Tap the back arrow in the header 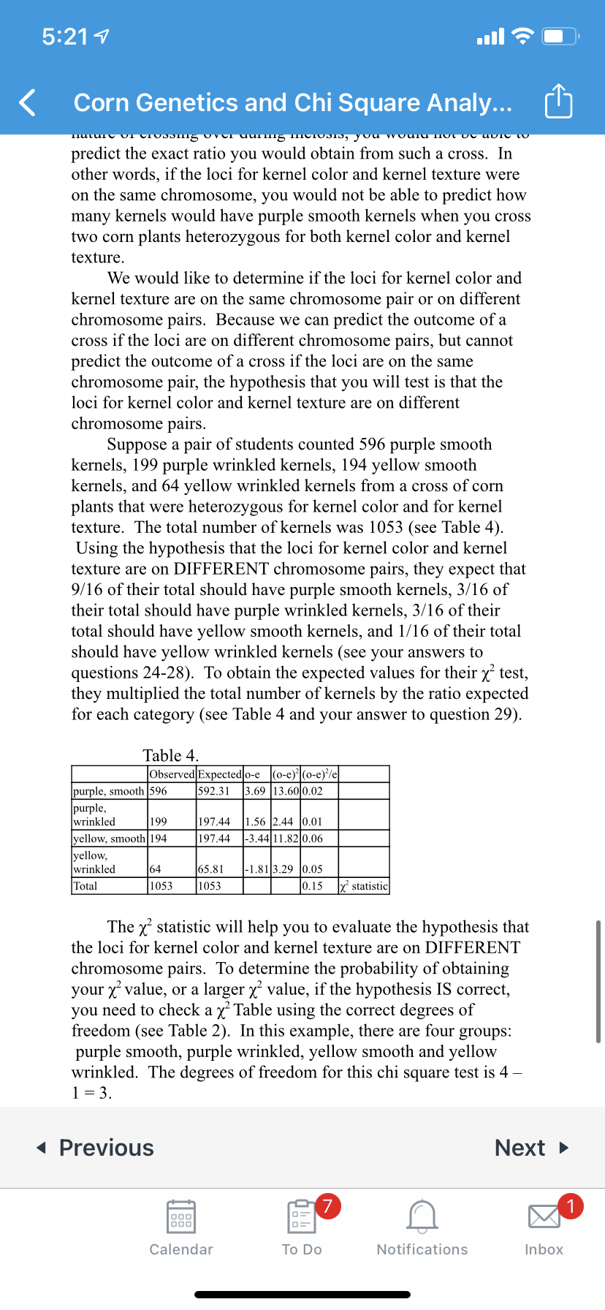[x=28, y=102]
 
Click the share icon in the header [x=558, y=102]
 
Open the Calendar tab [x=181, y=1228]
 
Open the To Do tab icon [x=302, y=1217]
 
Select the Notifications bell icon [x=422, y=1217]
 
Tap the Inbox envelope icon [x=544, y=1217]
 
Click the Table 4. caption [x=171, y=755]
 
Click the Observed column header [x=172, y=774]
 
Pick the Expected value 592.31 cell [x=214, y=791]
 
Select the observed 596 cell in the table [x=159, y=791]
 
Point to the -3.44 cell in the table [x=257, y=838]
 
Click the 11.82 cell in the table [x=286, y=838]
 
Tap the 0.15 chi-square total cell [x=313, y=886]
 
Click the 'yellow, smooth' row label [x=109, y=838]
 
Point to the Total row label [x=85, y=886]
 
